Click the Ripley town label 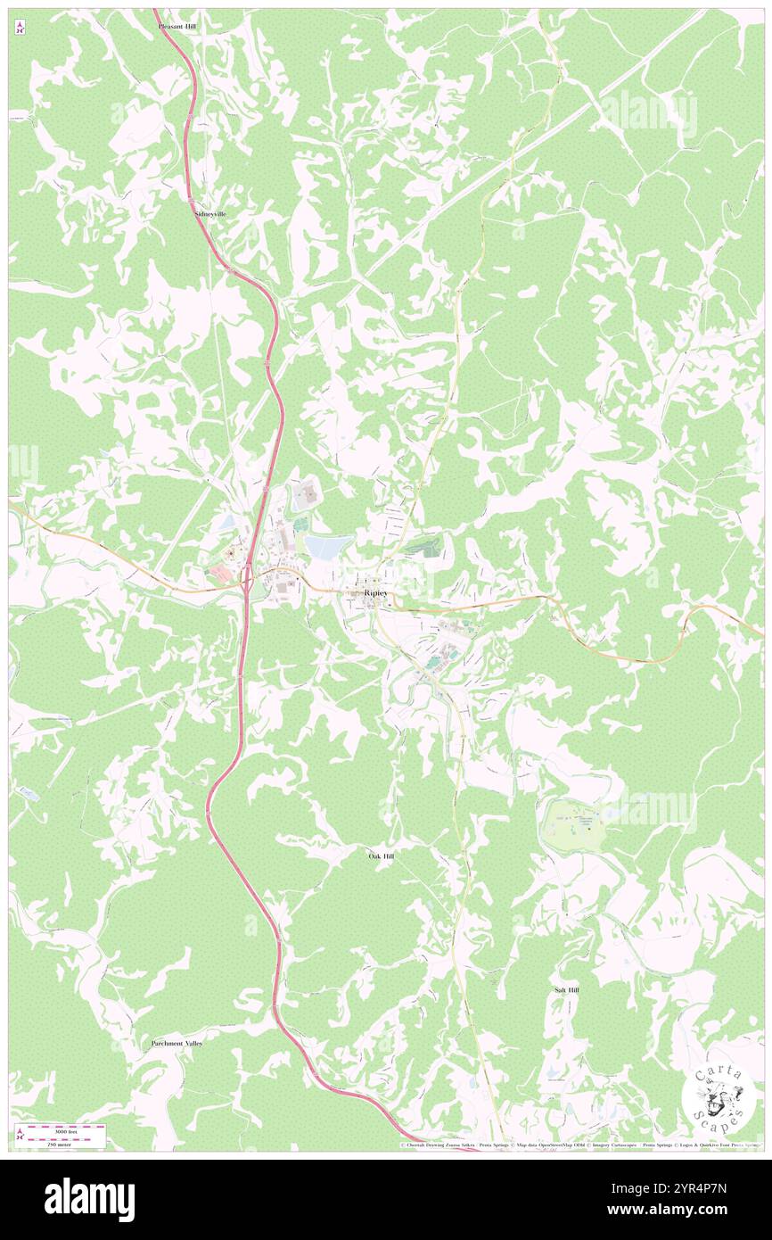[376, 593]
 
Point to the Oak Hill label [382, 856]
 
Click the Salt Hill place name [566, 990]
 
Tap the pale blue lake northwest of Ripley [330, 545]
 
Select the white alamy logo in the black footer [89, 1199]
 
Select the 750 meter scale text [36, 1144]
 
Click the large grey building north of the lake [308, 492]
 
